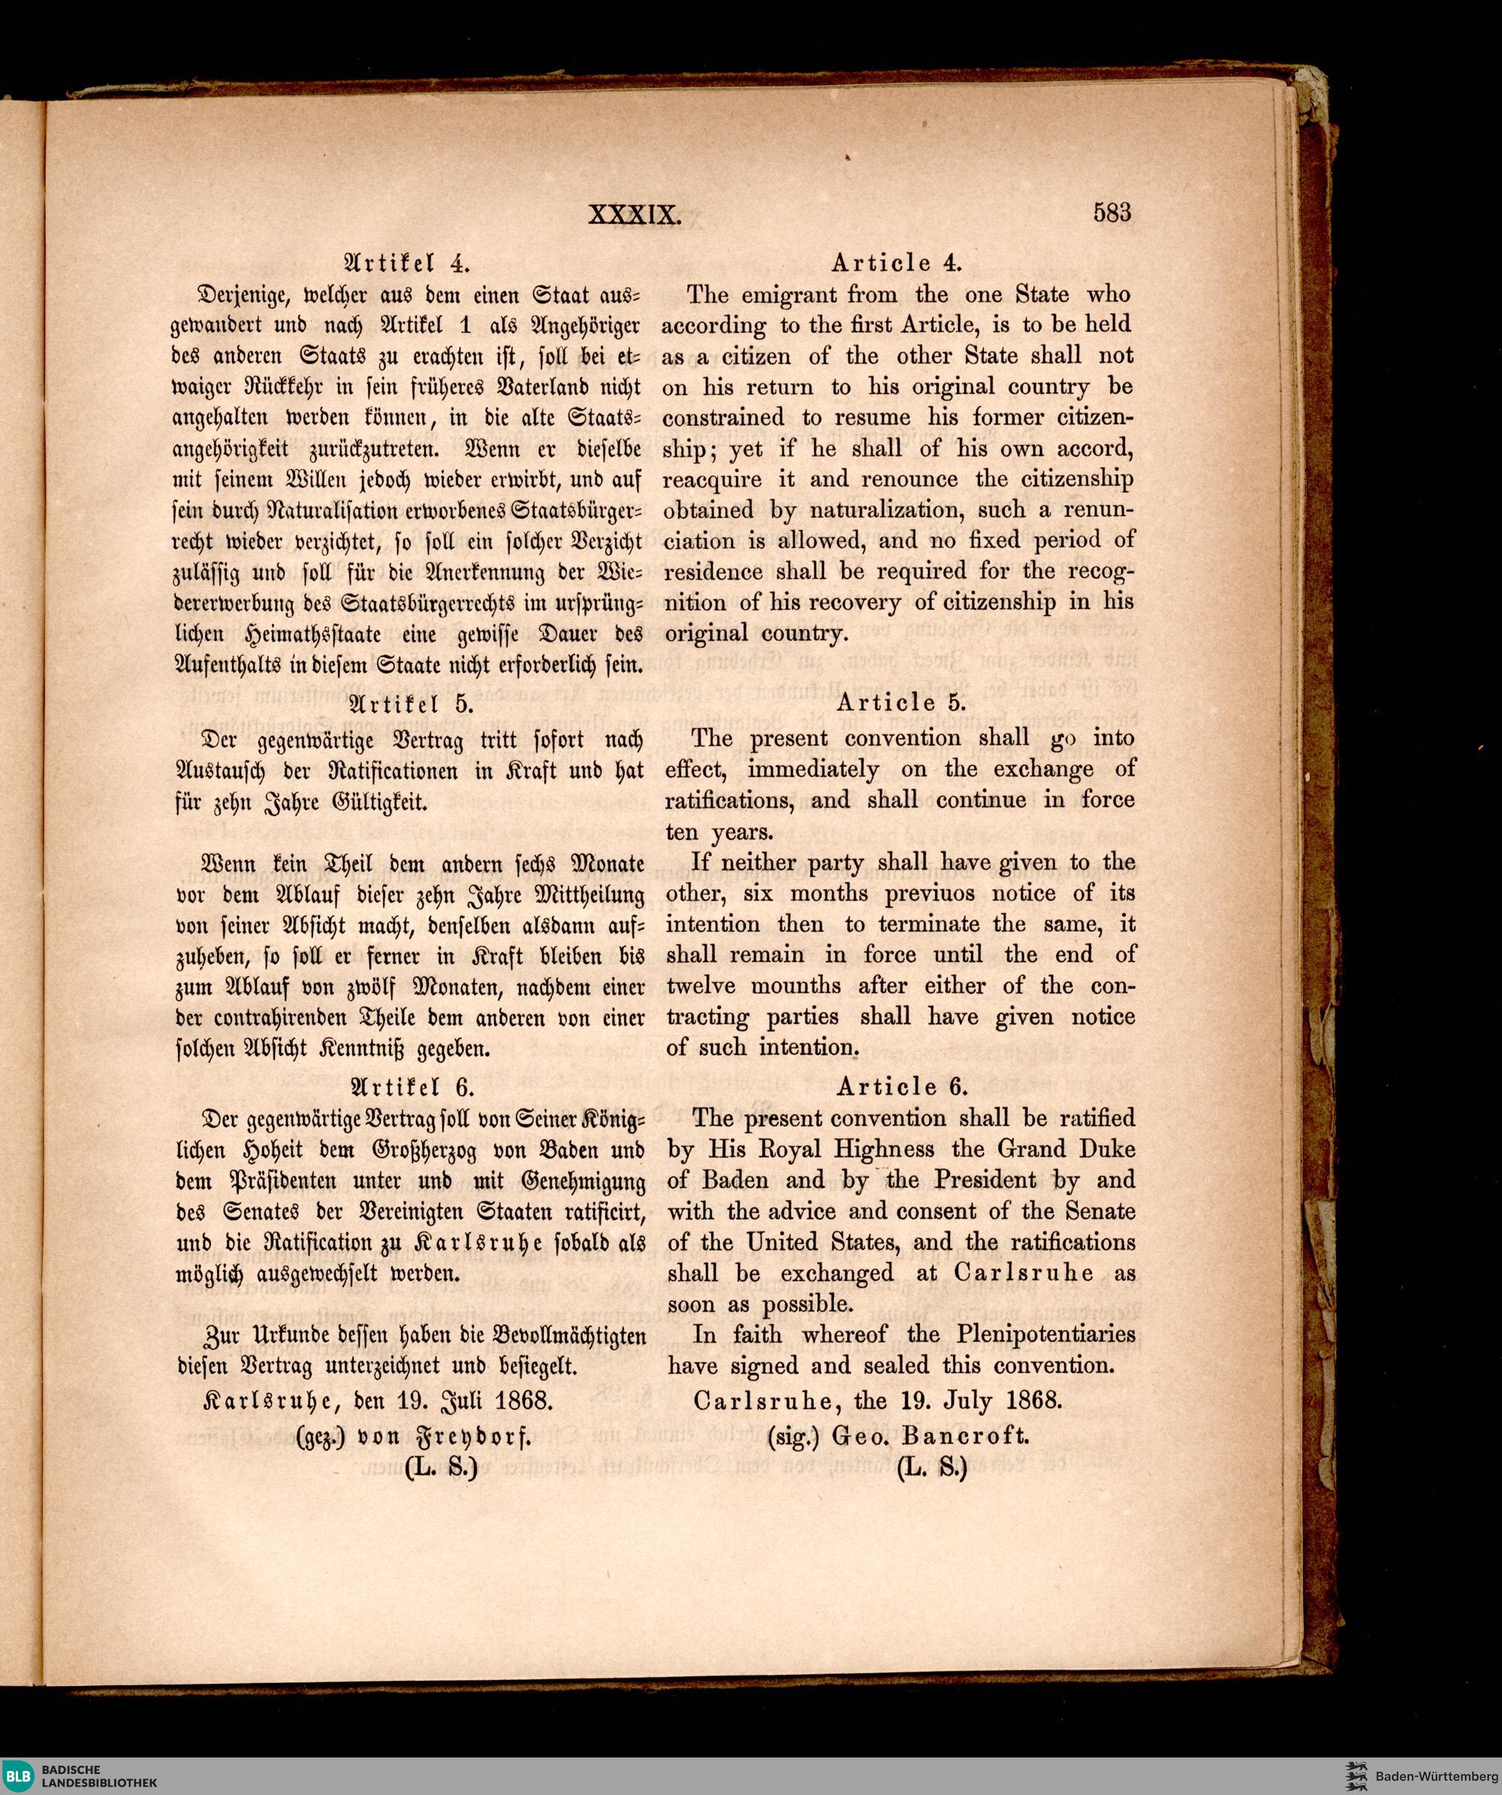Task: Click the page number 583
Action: (x=1111, y=212)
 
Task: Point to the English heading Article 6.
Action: (x=902, y=1086)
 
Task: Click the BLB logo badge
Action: (x=19, y=1776)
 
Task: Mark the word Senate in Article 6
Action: (x=1100, y=1211)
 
